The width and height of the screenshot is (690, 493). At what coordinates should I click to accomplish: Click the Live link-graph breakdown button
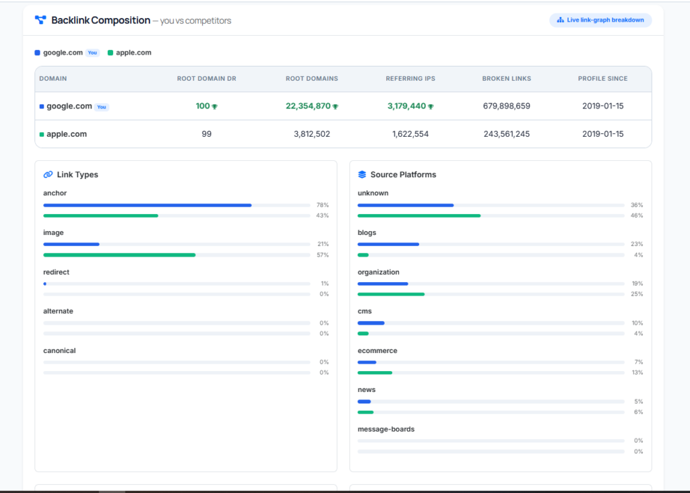click(600, 20)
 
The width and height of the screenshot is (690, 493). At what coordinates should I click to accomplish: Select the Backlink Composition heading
click(101, 20)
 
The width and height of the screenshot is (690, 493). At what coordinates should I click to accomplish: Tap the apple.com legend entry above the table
click(129, 53)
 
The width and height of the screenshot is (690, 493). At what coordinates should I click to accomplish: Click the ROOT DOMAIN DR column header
click(206, 79)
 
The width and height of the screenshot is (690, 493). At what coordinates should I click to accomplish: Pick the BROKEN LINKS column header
click(507, 79)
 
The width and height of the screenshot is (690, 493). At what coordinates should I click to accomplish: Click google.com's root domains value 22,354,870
click(308, 106)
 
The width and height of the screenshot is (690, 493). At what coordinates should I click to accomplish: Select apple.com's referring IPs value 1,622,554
click(410, 134)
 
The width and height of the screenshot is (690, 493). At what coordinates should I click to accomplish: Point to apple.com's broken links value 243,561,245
click(507, 134)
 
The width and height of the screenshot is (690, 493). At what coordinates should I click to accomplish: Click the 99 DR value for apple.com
click(206, 134)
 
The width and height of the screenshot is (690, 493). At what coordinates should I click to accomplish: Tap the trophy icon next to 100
click(215, 106)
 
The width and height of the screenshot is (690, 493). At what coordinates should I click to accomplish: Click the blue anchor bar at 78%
click(148, 205)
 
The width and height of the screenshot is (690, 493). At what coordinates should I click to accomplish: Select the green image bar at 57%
click(119, 255)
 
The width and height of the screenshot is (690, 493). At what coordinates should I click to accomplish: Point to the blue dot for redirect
click(45, 284)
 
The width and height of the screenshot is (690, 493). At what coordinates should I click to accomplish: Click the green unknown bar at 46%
click(419, 216)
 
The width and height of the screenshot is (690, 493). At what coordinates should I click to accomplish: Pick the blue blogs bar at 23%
click(388, 244)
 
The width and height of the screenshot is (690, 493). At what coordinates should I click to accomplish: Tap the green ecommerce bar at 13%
click(375, 373)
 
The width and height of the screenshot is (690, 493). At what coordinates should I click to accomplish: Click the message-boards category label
click(386, 429)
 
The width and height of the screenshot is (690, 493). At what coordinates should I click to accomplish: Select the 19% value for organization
click(637, 284)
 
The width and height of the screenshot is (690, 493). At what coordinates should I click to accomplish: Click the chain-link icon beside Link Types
click(48, 174)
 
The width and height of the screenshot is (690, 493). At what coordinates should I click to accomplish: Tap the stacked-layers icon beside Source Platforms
click(362, 174)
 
